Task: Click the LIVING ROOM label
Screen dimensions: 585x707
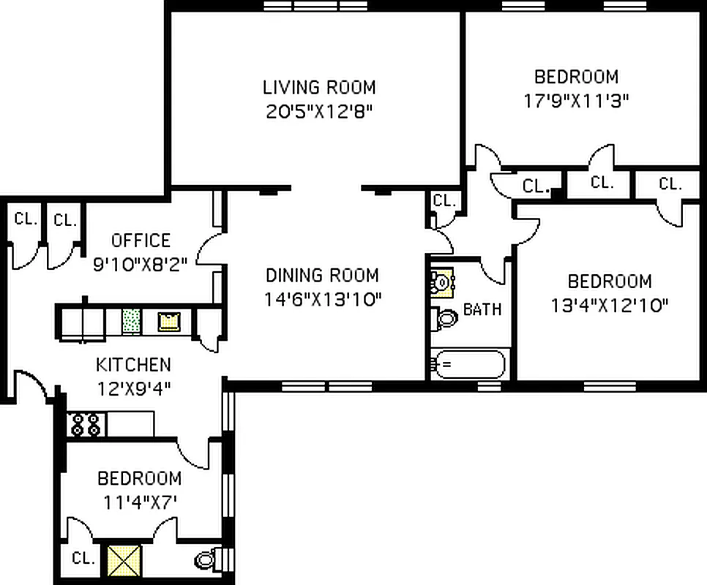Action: click(x=319, y=87)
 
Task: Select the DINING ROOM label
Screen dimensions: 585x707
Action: click(x=322, y=276)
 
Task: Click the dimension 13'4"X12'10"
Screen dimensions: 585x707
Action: click(x=610, y=305)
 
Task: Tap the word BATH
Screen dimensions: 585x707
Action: click(x=482, y=309)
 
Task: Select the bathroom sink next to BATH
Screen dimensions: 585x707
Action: click(x=443, y=281)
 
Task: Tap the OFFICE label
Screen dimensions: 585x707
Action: click(x=141, y=241)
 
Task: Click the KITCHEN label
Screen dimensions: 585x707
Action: click(x=133, y=364)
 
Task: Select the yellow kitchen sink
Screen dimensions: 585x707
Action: click(x=169, y=321)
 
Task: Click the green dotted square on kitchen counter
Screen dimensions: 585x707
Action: click(x=132, y=320)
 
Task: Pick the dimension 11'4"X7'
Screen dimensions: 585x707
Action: click(x=139, y=502)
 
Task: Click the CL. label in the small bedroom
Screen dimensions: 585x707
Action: click(x=83, y=559)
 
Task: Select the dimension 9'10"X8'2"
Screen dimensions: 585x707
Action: click(x=141, y=264)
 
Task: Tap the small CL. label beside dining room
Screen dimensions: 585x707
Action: click(x=444, y=200)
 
